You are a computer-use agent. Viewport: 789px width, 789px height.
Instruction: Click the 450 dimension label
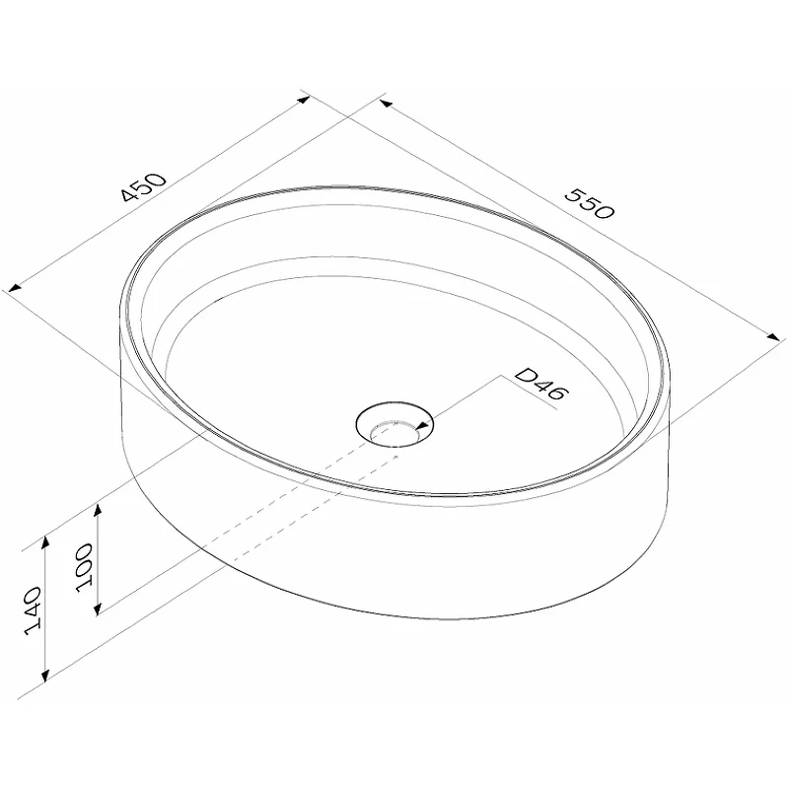[x=143, y=186]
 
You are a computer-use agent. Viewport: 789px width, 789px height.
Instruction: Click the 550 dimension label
[x=589, y=204]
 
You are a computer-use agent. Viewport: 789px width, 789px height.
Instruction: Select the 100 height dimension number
[x=85, y=568]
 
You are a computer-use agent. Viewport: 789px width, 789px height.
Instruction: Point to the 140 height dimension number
[x=35, y=610]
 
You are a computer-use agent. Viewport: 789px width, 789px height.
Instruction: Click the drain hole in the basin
[x=394, y=424]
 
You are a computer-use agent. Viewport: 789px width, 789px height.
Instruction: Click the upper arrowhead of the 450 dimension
[x=304, y=100]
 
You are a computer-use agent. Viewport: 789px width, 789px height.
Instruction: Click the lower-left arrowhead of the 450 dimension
[x=15, y=288]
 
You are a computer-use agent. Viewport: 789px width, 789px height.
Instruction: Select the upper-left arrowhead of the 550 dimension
[x=386, y=104]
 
